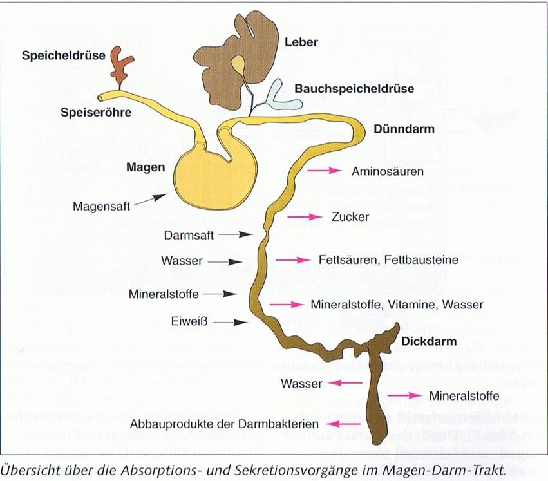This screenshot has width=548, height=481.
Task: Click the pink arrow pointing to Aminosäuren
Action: (323, 171)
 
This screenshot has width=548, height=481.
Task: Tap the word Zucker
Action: (351, 216)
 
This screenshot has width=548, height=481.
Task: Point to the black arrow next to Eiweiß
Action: (230, 321)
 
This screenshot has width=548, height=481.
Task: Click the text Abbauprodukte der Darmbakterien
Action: (225, 424)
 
